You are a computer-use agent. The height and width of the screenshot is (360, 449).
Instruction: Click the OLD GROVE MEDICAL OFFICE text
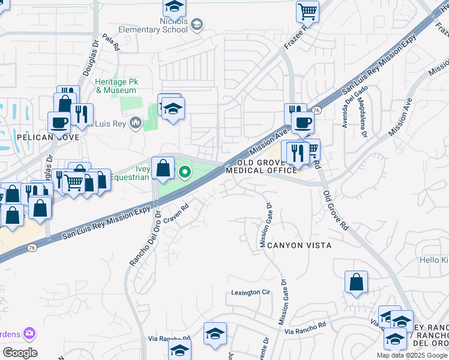(x=262, y=167)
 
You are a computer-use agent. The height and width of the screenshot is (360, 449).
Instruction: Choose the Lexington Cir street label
(x=251, y=293)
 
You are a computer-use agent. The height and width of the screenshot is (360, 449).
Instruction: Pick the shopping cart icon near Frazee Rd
(x=307, y=11)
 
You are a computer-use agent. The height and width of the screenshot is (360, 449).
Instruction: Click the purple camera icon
(x=29, y=333)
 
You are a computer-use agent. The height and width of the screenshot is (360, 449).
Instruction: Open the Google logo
(x=19, y=353)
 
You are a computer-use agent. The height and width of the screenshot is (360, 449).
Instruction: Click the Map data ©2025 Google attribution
(x=412, y=355)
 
